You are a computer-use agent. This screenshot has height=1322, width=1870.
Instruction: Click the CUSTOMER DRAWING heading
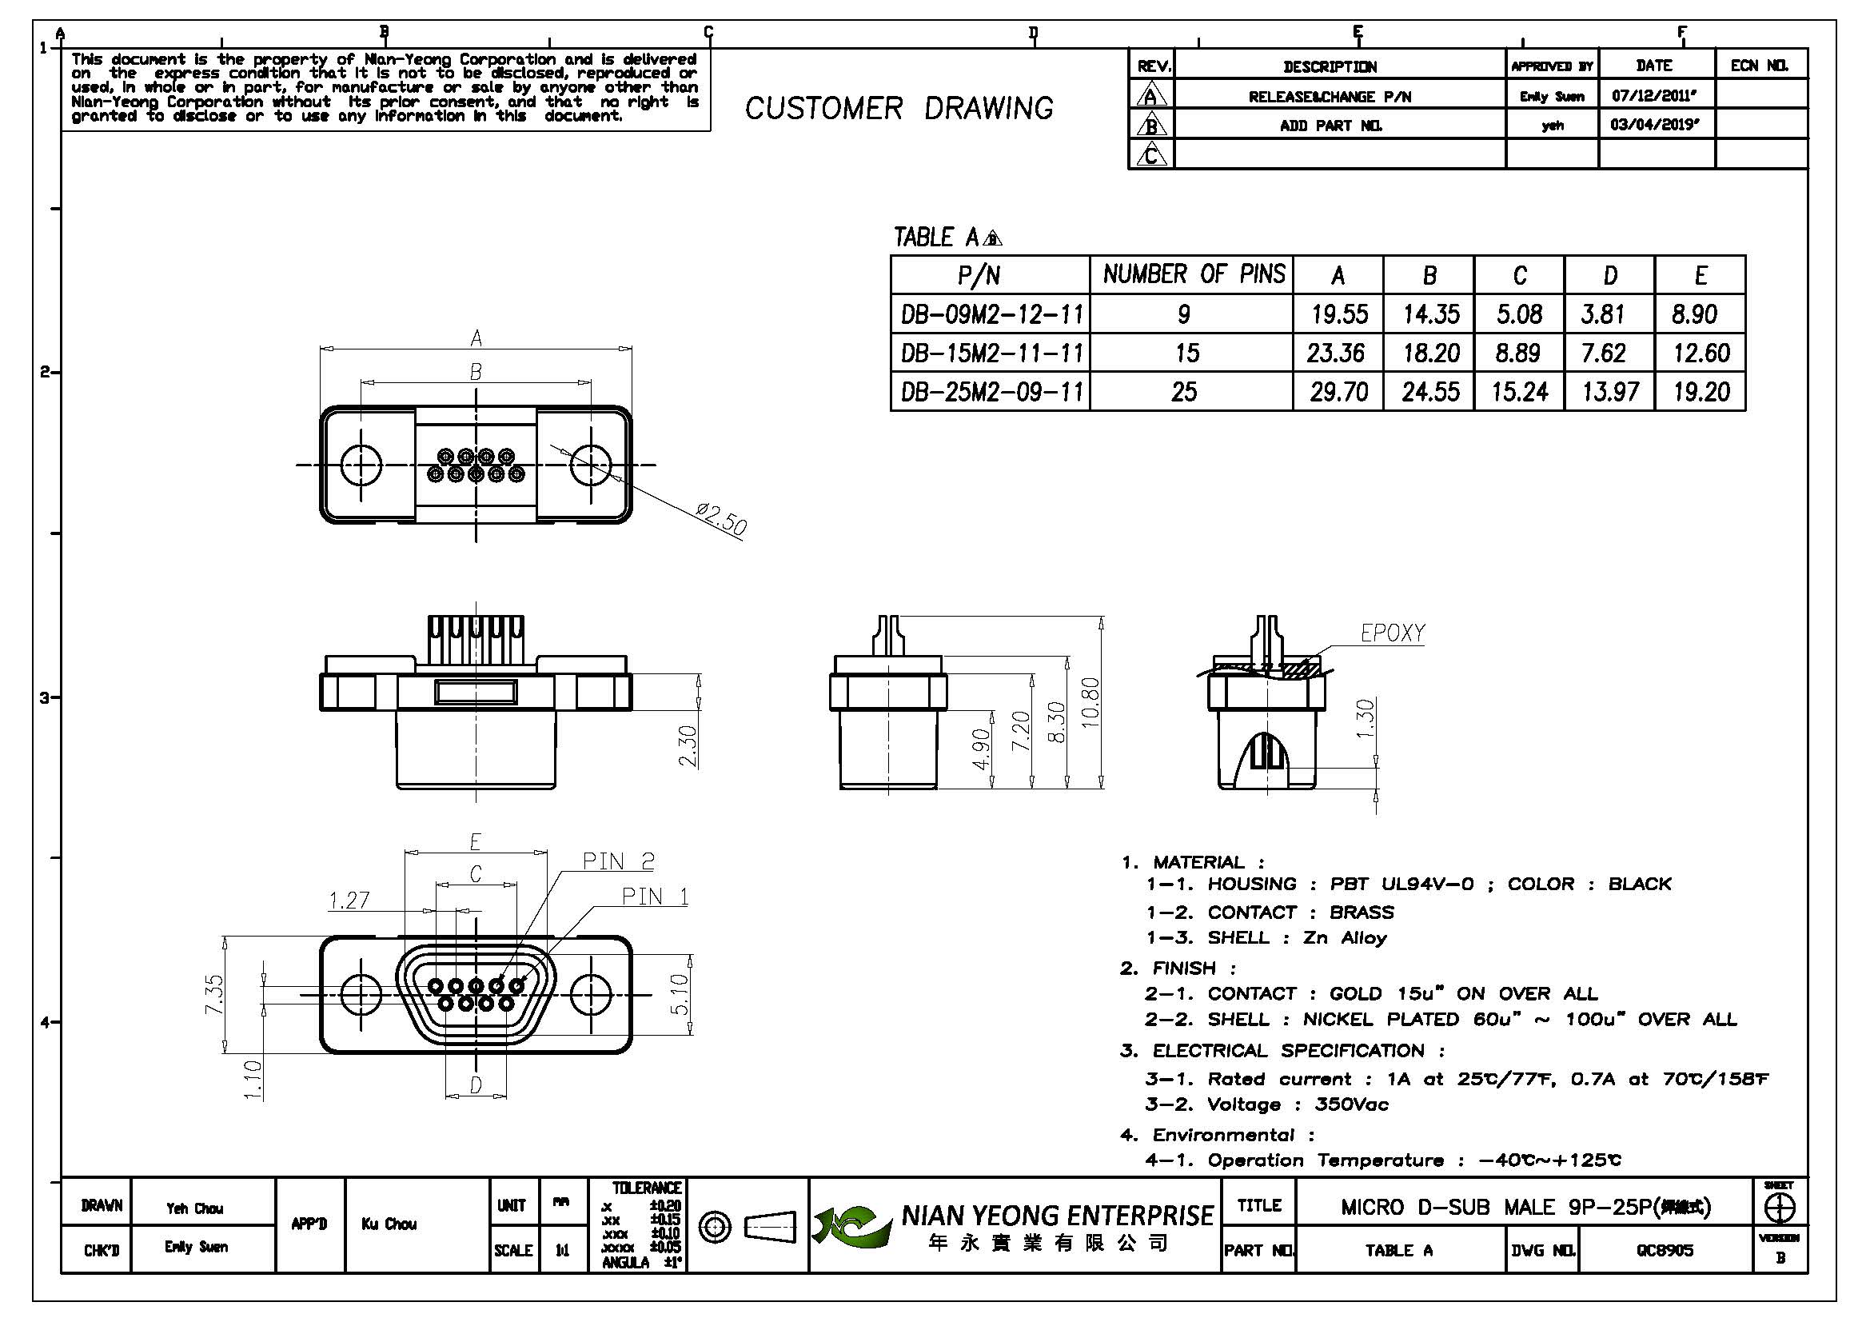coord(899,108)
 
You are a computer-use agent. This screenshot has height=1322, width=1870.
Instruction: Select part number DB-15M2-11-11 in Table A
coord(991,353)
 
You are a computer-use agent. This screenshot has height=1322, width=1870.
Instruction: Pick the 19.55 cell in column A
coord(1338,314)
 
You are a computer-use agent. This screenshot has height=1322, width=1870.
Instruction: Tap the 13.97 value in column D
coord(1609,393)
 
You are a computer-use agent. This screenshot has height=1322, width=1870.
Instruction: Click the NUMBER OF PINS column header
coord(1193,274)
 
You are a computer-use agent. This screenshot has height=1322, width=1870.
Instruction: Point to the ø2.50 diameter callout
coord(721,520)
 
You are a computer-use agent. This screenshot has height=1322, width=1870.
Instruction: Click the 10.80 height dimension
coord(1091,701)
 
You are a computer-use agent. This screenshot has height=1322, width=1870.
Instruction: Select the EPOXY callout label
coord(1393,633)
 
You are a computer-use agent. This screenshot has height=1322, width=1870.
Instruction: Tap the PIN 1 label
coord(655,897)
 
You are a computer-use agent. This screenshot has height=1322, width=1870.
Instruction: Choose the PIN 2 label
coord(618,861)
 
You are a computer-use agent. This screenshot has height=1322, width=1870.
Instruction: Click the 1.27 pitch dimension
coord(349,900)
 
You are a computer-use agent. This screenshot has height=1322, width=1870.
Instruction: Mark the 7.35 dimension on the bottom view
coord(213,994)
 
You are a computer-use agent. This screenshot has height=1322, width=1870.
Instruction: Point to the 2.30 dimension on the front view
coord(688,745)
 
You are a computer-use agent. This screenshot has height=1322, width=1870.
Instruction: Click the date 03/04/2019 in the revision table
coord(1653,126)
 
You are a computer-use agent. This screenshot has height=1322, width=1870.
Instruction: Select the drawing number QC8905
coord(1665,1250)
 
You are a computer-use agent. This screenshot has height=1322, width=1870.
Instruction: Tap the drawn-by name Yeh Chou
coord(194,1208)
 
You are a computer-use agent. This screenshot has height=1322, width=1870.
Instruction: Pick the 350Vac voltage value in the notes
coord(1351,1105)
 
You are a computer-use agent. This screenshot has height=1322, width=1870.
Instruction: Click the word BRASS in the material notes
coord(1361,913)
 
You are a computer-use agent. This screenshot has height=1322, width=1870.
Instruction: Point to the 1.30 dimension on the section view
coord(1366,717)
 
